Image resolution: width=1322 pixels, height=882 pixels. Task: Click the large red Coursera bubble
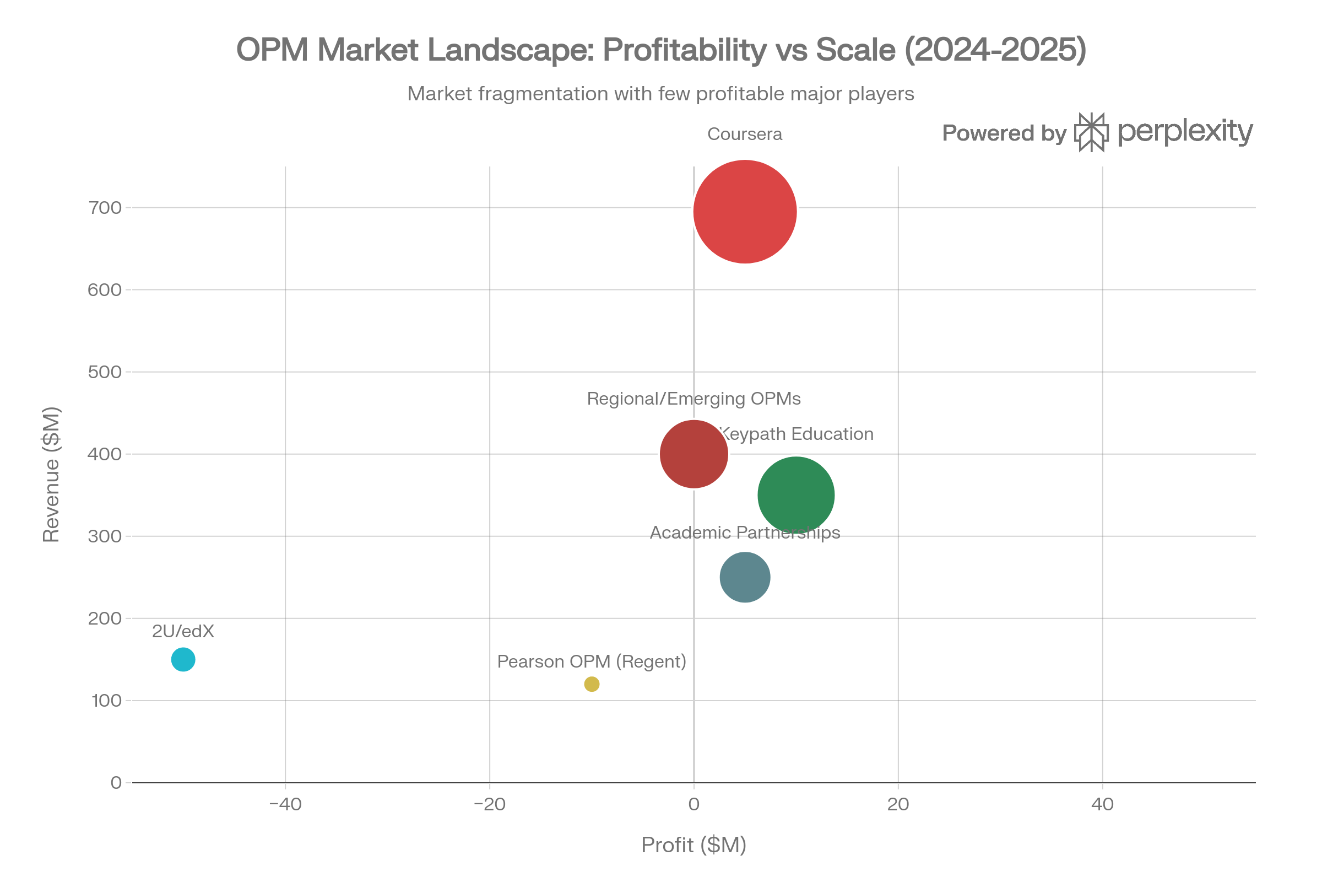745,212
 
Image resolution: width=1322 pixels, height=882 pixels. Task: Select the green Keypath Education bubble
796,496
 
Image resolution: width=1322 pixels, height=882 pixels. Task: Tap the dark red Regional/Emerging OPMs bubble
694,454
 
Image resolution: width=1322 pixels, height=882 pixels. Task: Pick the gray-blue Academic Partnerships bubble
745,577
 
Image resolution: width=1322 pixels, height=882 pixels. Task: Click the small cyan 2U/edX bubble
183,659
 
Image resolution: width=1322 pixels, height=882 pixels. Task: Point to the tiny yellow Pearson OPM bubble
592,684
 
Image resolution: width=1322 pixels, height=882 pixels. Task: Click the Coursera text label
744,135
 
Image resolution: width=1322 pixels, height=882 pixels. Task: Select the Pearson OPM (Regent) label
592,661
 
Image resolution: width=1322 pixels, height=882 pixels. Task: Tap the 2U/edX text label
183,632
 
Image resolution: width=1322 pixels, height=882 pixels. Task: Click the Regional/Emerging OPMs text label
693,399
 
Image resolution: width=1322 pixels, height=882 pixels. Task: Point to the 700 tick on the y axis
105,208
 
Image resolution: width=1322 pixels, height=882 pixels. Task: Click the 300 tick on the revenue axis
105,536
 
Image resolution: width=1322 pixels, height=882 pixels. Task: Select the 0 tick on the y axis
116,783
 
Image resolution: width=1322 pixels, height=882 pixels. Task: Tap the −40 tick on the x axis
285,804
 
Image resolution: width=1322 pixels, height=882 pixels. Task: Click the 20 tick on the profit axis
898,804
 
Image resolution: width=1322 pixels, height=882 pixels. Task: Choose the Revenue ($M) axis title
51,474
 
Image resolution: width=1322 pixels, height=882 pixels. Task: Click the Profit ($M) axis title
693,845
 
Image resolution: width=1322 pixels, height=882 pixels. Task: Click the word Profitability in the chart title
685,50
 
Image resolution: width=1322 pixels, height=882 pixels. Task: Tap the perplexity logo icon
1091,132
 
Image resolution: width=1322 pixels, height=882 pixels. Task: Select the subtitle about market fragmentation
660,94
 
